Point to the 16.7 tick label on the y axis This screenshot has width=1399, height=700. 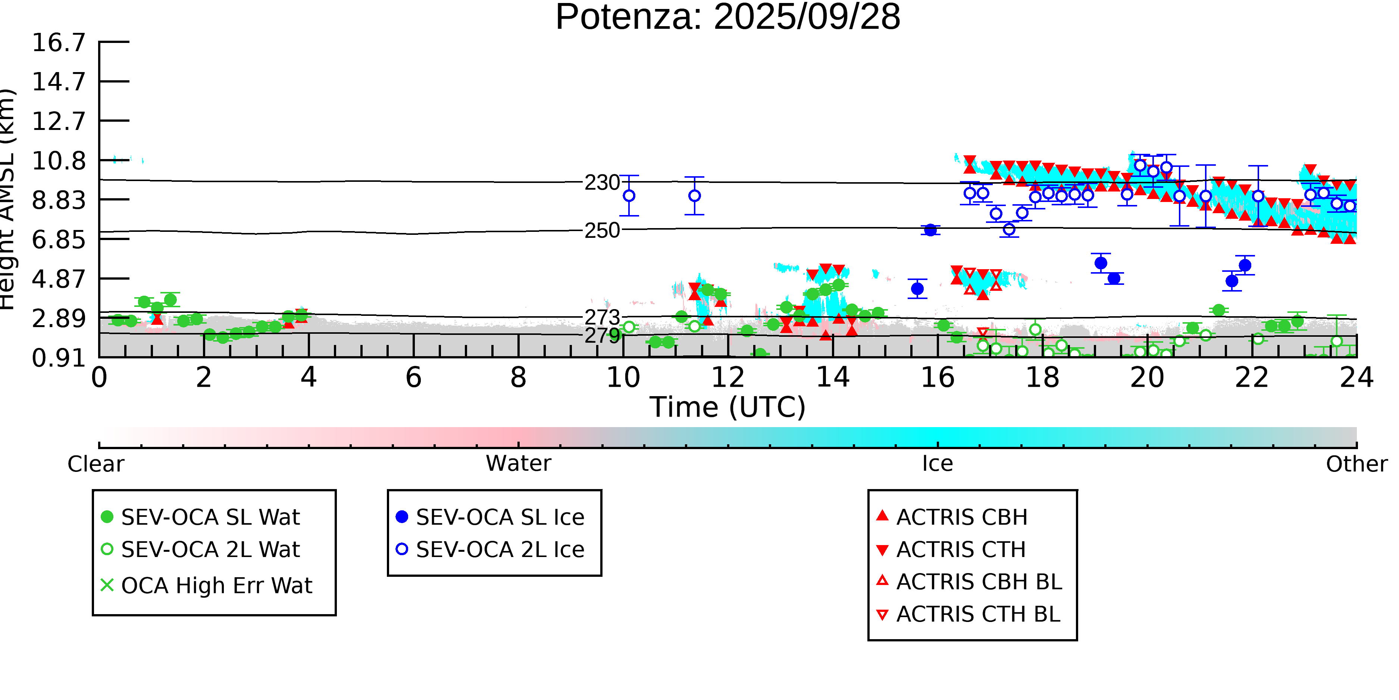59,43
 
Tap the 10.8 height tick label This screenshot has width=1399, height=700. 59,161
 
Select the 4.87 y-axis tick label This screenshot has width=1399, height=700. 59,279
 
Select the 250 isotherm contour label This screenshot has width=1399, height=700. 602,230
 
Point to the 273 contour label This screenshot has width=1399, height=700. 602,317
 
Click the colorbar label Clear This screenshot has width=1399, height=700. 96,464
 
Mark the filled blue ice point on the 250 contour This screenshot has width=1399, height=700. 930,230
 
